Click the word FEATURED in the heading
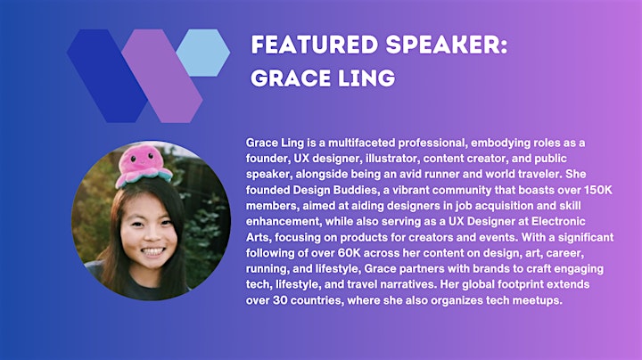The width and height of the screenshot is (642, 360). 315,45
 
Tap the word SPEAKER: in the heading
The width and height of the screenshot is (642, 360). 447,45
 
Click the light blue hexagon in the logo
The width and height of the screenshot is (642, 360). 202,53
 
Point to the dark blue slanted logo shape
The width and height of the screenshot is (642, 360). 107,76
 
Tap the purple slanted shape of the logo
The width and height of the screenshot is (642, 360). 162,76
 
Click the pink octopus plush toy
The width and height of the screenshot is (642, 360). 144,166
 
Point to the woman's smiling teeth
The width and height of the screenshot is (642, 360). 152,251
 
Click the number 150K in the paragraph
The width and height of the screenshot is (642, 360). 598,190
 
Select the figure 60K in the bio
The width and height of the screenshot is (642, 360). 350,253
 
